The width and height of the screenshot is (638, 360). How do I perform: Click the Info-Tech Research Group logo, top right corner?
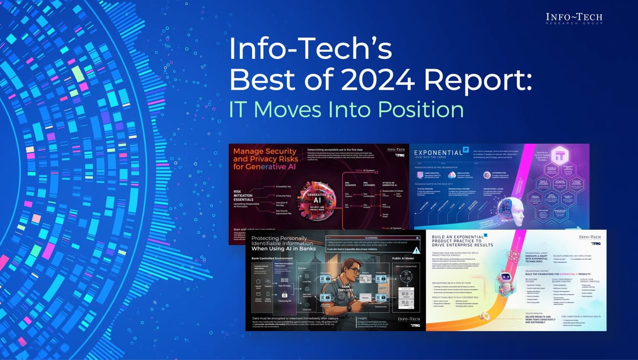point(574,18)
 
